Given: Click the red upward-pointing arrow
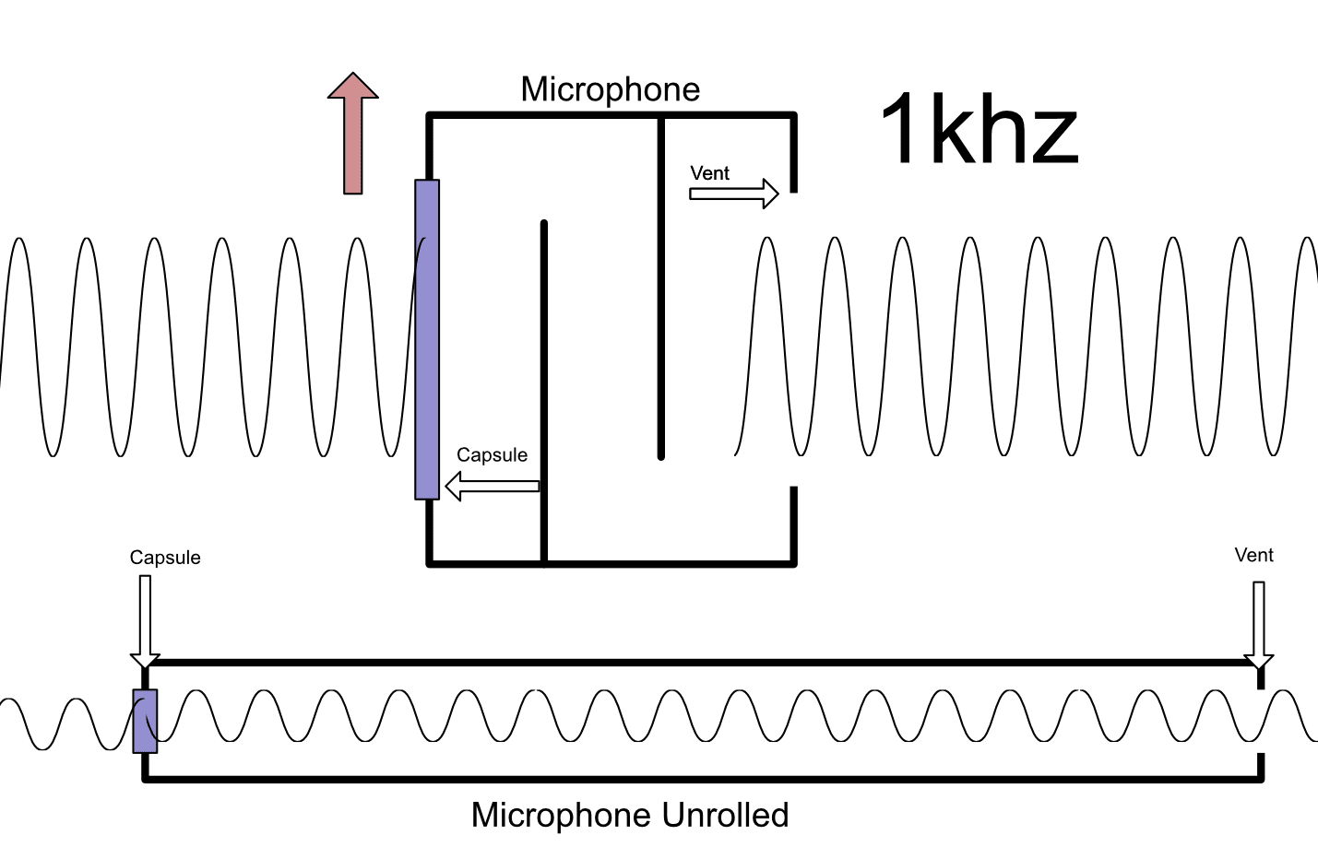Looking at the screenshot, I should (353, 138).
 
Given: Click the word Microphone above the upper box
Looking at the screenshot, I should (610, 89).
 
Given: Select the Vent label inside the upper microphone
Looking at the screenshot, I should (709, 173).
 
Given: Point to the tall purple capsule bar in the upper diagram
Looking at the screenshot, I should (427, 339).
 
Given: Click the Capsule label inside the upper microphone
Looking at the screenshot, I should (492, 455).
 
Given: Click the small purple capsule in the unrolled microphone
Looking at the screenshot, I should (145, 721).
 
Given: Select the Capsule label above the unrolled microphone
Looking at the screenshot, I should (165, 558).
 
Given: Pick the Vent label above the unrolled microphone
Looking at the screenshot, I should (1253, 555).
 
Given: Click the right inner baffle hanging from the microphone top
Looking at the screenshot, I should (660, 286).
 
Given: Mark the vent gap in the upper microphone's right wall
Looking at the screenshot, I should (793, 339).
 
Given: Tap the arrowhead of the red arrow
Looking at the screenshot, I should (353, 86).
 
